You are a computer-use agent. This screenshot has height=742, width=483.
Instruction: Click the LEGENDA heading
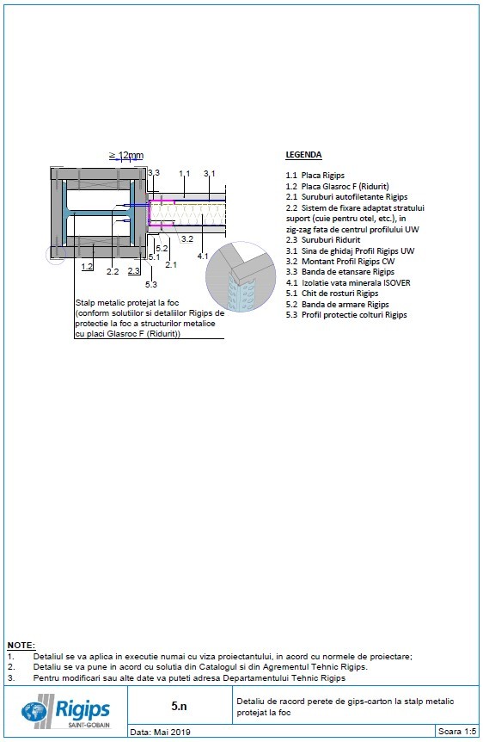303,155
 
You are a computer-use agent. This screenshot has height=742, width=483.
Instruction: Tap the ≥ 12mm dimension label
125,155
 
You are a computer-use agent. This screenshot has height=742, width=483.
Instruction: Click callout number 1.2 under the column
87,267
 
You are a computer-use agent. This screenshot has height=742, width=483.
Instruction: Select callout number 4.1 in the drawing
202,256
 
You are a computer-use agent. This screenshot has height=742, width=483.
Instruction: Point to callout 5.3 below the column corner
151,283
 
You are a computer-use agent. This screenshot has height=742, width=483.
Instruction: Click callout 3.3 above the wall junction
153,173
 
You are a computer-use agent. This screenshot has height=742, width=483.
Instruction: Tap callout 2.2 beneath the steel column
112,271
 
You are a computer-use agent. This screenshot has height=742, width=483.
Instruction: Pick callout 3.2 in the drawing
186,238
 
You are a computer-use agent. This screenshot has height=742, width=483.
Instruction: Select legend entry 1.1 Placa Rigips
309,176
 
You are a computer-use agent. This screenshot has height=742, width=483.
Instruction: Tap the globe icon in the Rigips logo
36,712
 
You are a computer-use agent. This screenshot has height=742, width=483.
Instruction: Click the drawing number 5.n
179,706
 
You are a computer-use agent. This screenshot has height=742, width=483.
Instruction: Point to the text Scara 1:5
456,732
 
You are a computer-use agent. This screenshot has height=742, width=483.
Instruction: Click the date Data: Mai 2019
161,733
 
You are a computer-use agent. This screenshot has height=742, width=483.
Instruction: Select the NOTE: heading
21,645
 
